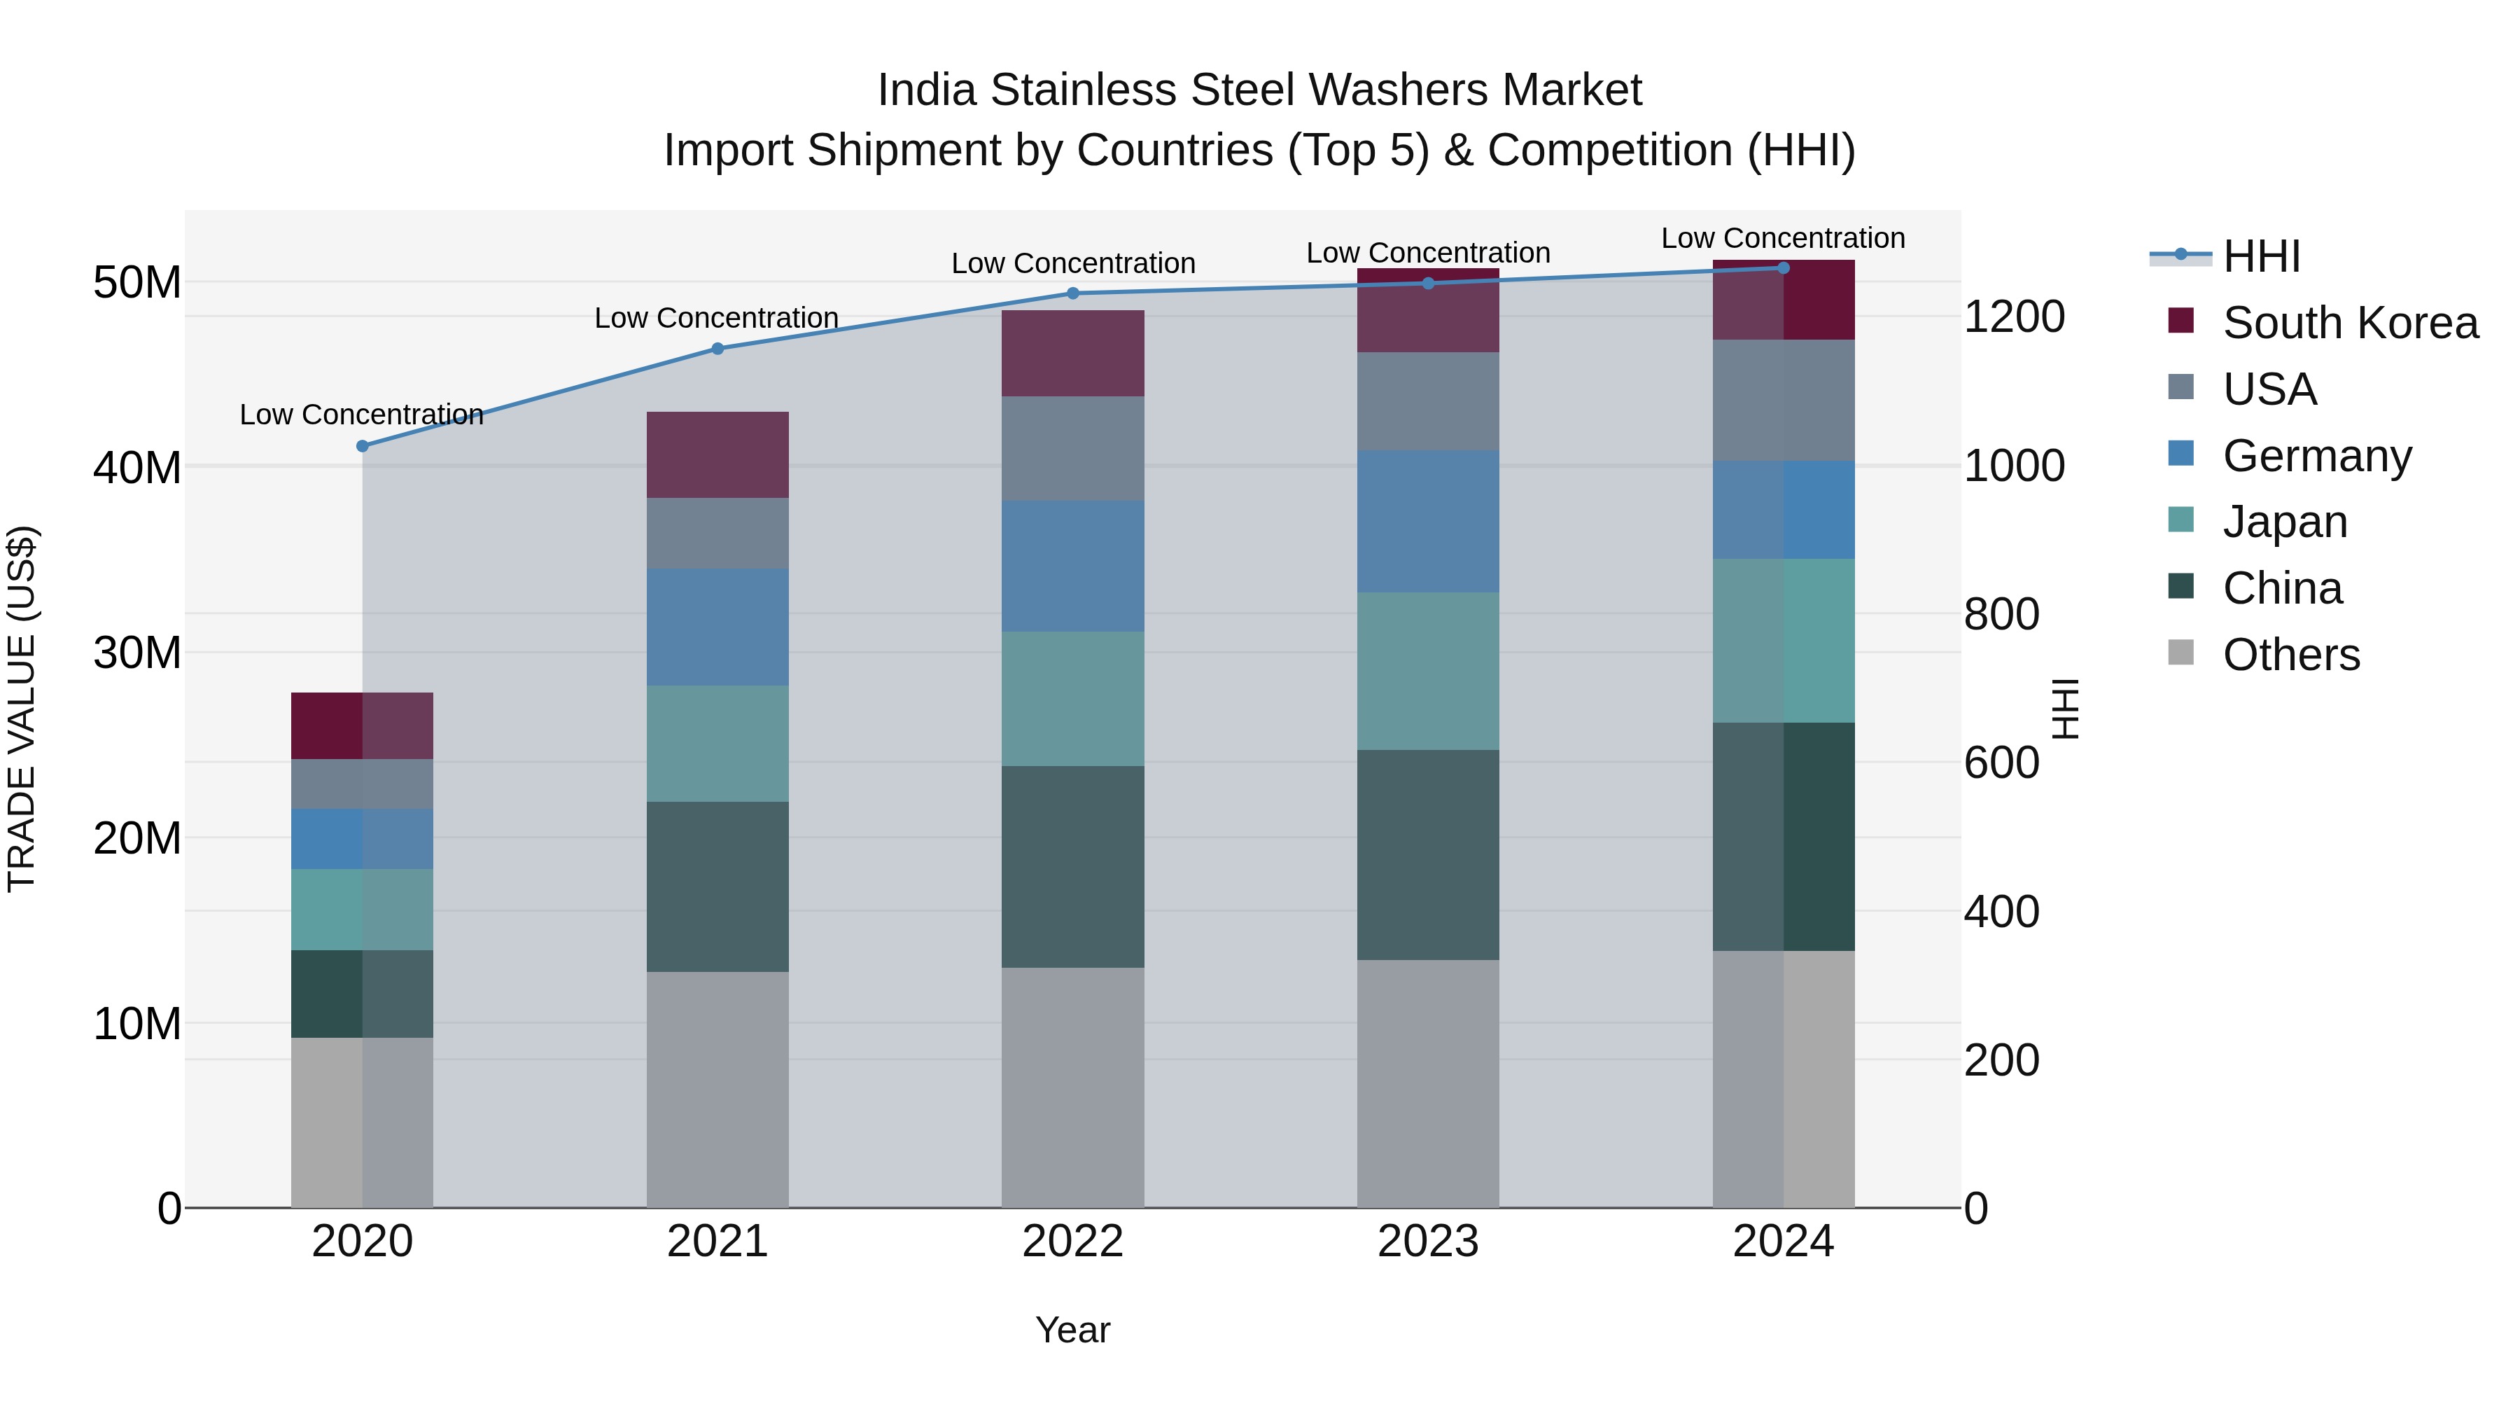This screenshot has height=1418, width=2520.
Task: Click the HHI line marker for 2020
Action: pos(362,446)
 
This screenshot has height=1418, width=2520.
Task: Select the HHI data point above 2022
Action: pos(1072,293)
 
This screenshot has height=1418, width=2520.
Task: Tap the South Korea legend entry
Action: pos(2348,323)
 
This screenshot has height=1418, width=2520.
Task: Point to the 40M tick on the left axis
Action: pos(137,468)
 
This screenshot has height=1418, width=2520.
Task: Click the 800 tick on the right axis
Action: pos(2001,615)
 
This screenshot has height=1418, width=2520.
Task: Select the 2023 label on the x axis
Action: pos(1427,1242)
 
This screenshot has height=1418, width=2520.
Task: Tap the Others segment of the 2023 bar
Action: pos(1427,1083)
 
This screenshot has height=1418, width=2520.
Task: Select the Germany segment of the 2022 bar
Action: pos(1072,566)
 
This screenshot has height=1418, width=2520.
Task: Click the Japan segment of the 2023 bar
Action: pos(1427,672)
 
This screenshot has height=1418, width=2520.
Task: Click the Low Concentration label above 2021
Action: pos(716,318)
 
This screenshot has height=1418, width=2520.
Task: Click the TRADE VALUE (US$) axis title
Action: pos(22,709)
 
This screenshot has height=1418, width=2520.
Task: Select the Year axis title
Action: pos(1072,1330)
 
